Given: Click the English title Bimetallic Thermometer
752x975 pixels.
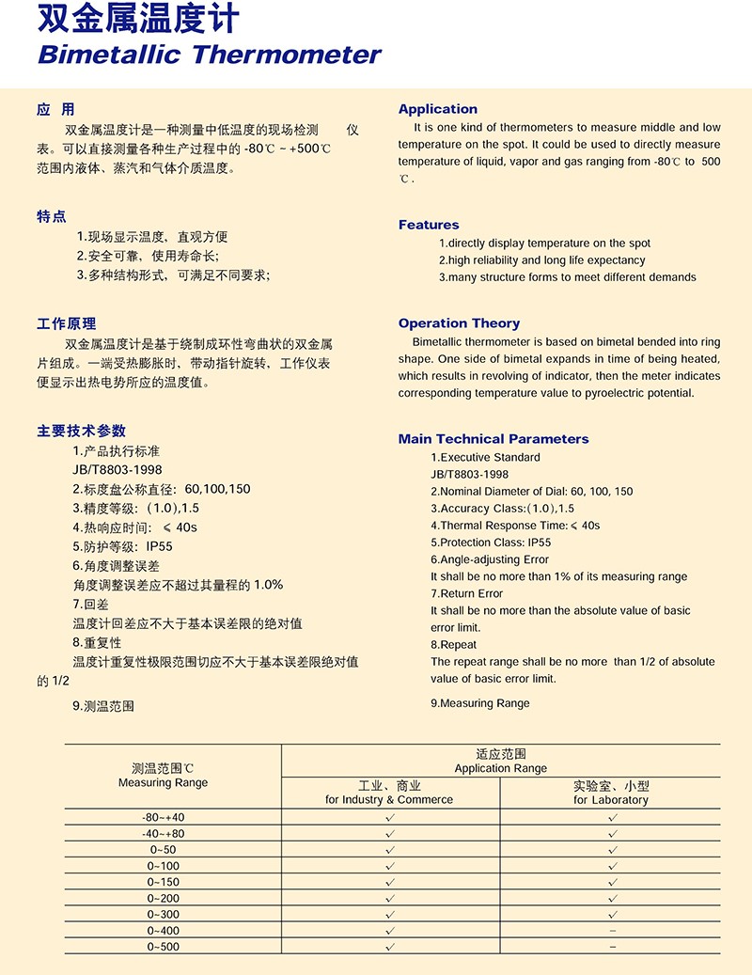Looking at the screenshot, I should point(209,54).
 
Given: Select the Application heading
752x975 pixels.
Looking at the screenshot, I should point(437,109).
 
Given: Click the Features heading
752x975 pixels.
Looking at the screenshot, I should point(429,225).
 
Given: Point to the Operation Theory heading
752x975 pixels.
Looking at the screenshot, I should point(459,323).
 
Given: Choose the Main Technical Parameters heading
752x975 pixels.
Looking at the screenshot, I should point(493,439).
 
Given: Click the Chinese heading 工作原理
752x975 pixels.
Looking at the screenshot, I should point(66,324).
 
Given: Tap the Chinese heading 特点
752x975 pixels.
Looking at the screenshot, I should point(52,217).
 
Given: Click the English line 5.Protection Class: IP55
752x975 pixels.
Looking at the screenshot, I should point(491,543).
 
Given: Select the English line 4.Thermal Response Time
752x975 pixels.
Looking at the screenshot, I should point(515,526).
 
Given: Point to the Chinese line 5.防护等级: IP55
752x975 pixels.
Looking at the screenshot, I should point(122,546).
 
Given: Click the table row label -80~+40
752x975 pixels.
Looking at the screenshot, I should point(164,817).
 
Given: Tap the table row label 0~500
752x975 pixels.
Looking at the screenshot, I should point(164,946).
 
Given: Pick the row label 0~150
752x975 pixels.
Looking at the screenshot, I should point(164,882).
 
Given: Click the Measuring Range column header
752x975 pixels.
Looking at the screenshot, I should point(164,776).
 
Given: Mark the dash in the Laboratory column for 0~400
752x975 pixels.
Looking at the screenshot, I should point(613,931).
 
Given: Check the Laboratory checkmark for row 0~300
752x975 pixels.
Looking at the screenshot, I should point(613,914).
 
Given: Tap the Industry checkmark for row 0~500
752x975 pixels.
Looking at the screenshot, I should point(390,946).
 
